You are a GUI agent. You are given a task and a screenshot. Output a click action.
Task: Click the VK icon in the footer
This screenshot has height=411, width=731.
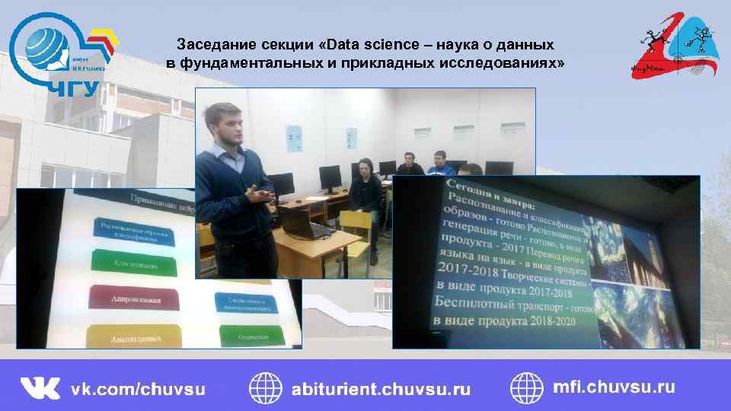click(x=40, y=387)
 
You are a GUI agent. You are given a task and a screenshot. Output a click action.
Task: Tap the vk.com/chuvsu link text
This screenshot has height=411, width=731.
click(x=138, y=388)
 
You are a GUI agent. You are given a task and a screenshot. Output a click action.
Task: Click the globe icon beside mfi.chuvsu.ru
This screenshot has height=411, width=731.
click(x=526, y=387)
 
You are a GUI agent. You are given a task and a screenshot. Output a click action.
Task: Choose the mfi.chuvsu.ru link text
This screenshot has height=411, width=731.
click(x=613, y=387)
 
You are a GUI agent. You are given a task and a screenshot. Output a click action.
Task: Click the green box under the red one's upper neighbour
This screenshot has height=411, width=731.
click(x=133, y=265)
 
